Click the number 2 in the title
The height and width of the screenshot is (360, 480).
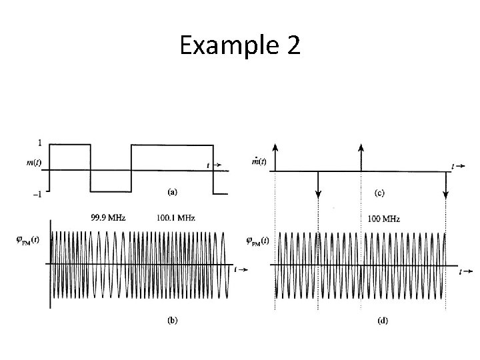point(293,47)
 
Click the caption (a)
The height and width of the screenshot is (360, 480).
point(171,191)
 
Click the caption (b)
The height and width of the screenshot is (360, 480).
point(171,320)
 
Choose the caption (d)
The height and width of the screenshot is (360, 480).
point(382,321)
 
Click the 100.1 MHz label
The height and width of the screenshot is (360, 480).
point(177,217)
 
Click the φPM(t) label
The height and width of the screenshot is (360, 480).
point(256,241)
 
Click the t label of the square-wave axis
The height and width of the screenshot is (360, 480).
point(208,165)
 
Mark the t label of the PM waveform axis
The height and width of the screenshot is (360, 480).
point(461,272)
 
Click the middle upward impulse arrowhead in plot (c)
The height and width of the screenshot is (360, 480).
point(361,147)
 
